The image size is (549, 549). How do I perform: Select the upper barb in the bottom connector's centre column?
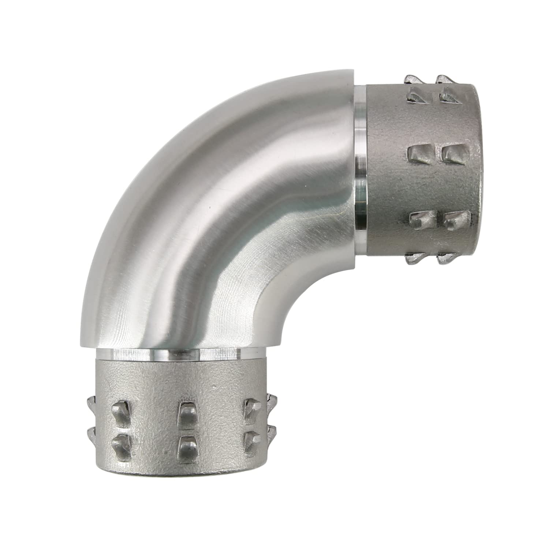(x=186, y=412)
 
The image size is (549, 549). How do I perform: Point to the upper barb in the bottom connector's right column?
(x=252, y=406)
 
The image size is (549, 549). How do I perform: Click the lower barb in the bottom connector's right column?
(x=251, y=437)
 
